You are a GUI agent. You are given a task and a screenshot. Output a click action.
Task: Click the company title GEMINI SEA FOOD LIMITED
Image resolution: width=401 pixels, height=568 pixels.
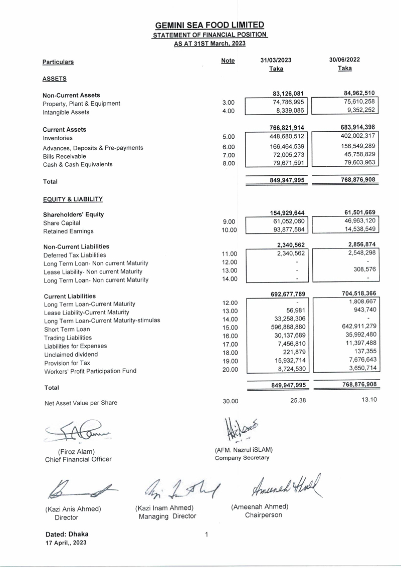click(210, 25)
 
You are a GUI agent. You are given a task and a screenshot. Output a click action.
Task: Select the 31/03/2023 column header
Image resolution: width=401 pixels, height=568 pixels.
click(276, 60)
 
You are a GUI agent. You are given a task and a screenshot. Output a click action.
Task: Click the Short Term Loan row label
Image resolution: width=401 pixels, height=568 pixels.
click(67, 329)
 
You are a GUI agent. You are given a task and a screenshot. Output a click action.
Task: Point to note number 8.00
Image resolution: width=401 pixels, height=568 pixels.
click(228, 164)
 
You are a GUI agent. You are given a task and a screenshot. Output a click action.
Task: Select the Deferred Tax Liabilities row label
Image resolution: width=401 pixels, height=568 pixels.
click(75, 255)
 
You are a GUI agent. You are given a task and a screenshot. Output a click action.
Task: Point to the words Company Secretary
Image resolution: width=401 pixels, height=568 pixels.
click(242, 458)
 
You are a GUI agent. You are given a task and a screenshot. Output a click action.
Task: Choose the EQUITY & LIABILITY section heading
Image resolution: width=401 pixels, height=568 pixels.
click(73, 199)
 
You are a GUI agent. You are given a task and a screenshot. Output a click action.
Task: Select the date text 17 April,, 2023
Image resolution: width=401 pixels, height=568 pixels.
click(66, 543)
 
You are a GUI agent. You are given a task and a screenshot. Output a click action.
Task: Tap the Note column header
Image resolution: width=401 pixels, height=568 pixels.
click(228, 61)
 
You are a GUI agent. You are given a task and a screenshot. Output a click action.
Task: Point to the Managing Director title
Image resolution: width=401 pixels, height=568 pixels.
click(167, 516)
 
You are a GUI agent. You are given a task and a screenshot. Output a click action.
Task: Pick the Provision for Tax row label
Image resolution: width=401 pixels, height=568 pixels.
click(67, 363)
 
